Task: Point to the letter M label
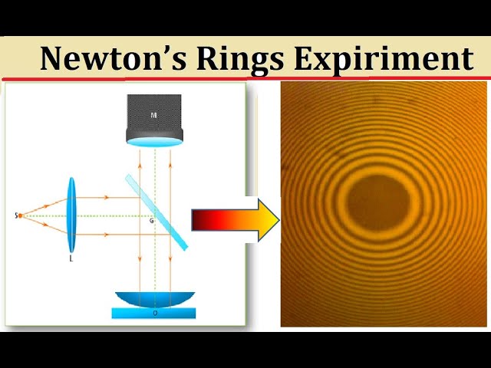(x=154, y=115)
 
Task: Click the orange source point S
(x=21, y=215)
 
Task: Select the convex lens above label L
(x=72, y=215)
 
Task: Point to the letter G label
(x=151, y=221)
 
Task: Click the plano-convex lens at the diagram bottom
(x=154, y=299)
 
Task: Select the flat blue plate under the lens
(x=153, y=313)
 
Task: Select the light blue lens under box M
(x=154, y=143)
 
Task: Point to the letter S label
(x=15, y=215)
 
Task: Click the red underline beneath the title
(x=245, y=78)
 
